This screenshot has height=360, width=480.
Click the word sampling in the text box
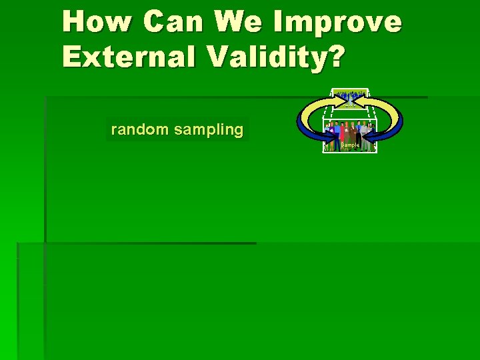[x=209, y=130]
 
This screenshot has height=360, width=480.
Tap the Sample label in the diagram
[x=350, y=145]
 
